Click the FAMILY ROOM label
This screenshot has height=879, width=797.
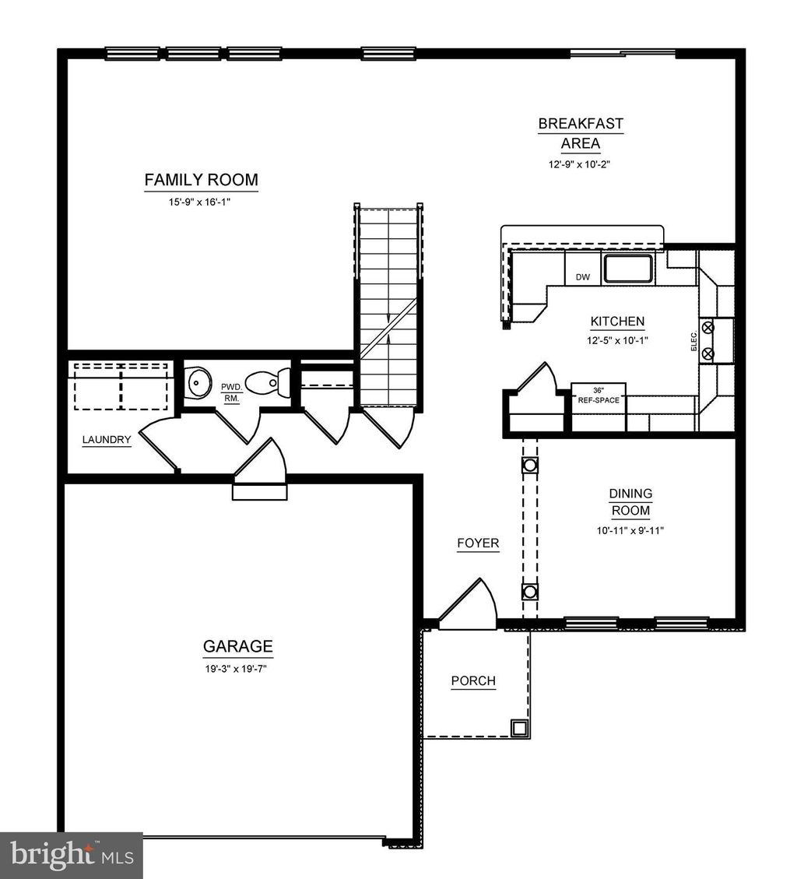(201, 180)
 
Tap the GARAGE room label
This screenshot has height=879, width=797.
(237, 646)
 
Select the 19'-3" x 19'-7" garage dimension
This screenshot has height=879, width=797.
(237, 668)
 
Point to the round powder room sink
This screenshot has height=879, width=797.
(200, 382)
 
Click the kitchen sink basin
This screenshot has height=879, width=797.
(630, 269)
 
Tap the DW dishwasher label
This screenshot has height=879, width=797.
(582, 277)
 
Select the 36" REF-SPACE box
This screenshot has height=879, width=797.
(599, 395)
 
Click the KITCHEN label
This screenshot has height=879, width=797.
(617, 322)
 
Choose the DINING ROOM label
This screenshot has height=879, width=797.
(630, 502)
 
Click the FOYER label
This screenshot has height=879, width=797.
(478, 543)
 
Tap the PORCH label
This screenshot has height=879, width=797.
(473, 681)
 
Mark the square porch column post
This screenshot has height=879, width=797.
(518, 728)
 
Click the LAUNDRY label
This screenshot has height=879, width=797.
(107, 440)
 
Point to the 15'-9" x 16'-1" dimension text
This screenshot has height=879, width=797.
(201, 202)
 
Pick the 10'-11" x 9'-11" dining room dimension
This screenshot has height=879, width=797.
(630, 530)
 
